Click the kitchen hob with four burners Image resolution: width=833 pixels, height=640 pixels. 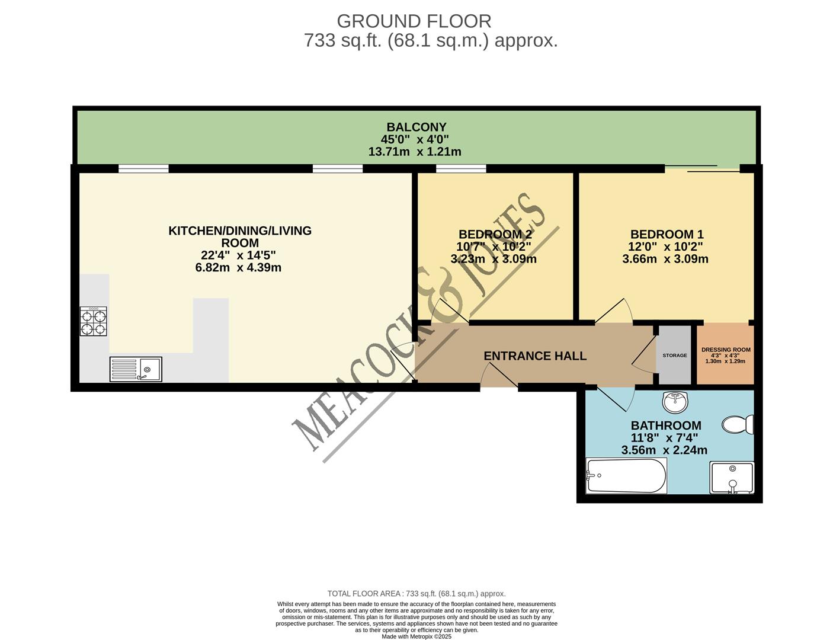[x=94, y=322]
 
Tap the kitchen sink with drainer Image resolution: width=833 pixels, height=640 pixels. [x=136, y=369]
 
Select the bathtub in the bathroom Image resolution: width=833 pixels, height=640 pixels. [x=626, y=476]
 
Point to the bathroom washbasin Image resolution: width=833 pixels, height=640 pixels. [x=675, y=402]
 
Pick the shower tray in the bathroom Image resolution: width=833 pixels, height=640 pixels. [x=732, y=478]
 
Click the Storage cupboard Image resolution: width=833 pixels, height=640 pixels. [x=675, y=355]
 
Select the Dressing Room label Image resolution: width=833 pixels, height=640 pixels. [x=726, y=350]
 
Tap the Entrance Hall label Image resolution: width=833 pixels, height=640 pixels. [x=535, y=356]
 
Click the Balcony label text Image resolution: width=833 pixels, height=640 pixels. [x=416, y=127]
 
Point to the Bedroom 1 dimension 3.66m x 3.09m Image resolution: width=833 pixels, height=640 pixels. [x=665, y=259]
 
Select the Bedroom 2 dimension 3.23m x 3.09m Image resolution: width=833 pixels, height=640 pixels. [x=494, y=259]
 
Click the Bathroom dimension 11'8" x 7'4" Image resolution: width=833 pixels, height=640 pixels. [x=664, y=438]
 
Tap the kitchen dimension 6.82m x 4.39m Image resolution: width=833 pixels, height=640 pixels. [x=238, y=268]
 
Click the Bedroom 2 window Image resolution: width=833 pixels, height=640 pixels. [x=461, y=169]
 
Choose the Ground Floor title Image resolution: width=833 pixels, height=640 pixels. [x=414, y=21]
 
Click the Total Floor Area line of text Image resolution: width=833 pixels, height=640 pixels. [x=416, y=594]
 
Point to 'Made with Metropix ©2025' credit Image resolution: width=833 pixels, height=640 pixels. [x=416, y=636]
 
